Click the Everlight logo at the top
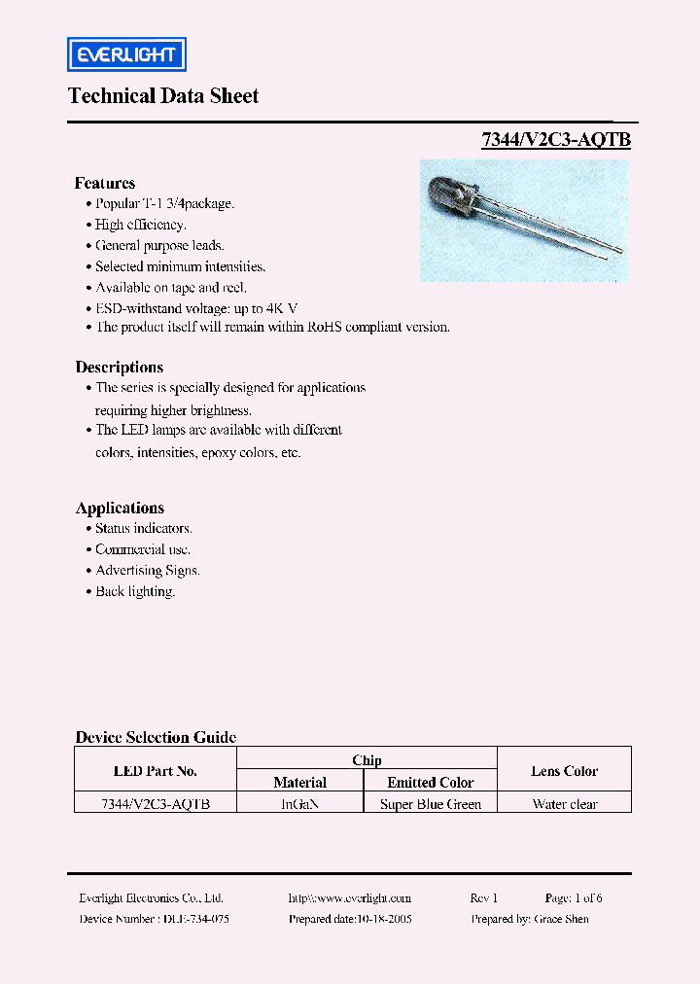[126, 54]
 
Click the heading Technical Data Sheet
[163, 95]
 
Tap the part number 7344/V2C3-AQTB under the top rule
[556, 140]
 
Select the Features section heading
[105, 183]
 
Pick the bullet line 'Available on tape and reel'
[171, 287]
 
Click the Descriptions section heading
[120, 368]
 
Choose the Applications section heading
[120, 509]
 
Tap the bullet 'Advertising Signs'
[147, 571]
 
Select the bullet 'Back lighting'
[135, 591]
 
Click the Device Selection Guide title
[156, 737]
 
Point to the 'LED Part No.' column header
[156, 771]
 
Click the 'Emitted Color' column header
[431, 783]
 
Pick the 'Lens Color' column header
[565, 771]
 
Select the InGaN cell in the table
[300, 804]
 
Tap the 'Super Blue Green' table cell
[431, 804]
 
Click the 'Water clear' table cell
[565, 804]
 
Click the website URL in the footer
[350, 898]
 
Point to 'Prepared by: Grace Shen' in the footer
[530, 919]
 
